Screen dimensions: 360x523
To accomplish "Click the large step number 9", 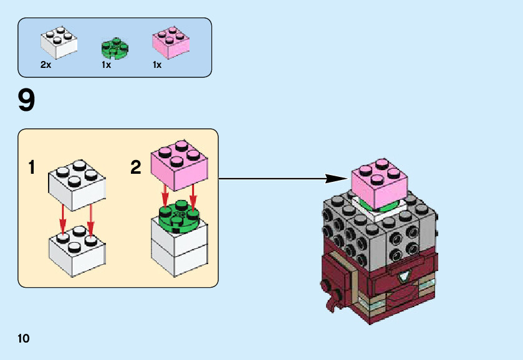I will pos(26,101).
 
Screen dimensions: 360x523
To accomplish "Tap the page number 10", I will pos(24,339).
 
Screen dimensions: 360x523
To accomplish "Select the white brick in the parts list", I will pos(60,41).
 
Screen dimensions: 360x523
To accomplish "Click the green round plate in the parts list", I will pos(114,48).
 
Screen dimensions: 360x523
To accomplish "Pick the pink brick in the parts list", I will pos(171,43).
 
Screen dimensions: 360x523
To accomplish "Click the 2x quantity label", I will pos(46,65).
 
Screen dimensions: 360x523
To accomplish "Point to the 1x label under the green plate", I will pos(106,65).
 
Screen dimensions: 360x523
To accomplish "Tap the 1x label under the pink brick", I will pos(157,65).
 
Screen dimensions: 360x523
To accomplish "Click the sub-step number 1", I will pos(31,168).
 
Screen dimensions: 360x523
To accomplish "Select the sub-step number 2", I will pos(136,168).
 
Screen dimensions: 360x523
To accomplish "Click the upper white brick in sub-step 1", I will pos(76,184).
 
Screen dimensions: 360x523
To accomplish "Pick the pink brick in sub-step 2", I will pos(179,164).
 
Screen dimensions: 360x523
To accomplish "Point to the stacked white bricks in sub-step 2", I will pos(180,249).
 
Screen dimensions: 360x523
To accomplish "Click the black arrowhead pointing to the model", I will pos(333,179).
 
